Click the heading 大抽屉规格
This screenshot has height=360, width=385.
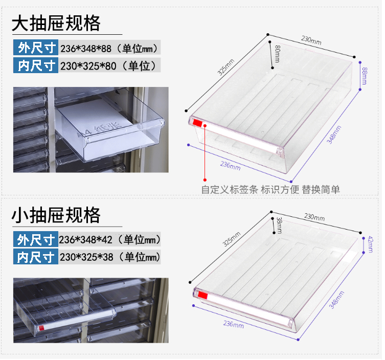click(56, 24)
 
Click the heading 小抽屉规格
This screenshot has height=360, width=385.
click(56, 215)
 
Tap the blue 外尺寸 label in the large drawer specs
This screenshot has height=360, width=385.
click(36, 49)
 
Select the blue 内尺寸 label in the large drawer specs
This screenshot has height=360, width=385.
click(36, 65)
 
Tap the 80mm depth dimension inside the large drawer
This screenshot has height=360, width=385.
click(277, 54)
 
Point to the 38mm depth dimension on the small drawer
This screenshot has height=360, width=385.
click(279, 224)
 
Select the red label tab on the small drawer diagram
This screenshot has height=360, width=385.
click(202, 296)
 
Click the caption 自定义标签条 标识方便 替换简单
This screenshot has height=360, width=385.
click(270, 189)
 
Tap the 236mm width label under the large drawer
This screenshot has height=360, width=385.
click(230, 165)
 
